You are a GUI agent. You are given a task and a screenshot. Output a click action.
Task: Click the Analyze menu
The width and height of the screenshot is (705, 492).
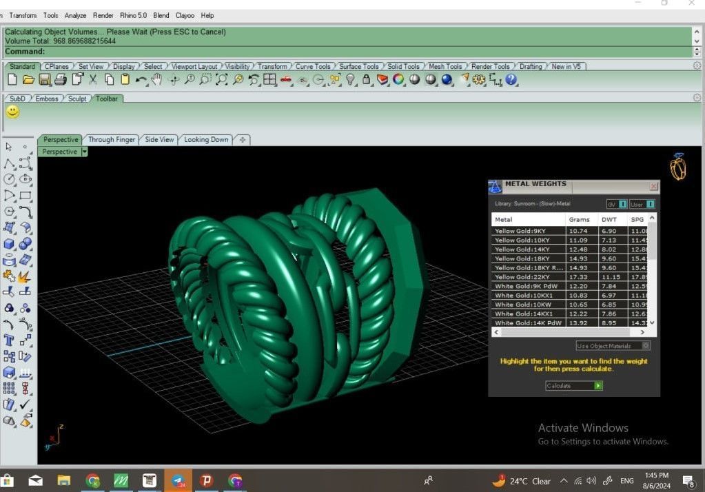[x=75, y=15]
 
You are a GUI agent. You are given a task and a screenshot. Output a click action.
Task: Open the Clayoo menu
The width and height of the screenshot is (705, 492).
[x=185, y=15]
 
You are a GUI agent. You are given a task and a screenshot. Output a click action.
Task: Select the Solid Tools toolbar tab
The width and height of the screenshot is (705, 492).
[x=403, y=67]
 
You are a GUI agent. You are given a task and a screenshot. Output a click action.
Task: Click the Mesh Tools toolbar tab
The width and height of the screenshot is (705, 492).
[x=445, y=67]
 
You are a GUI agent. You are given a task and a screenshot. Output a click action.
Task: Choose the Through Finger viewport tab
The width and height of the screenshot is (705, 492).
[x=112, y=140]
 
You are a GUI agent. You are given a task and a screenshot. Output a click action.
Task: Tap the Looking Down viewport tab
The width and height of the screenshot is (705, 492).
[x=206, y=140]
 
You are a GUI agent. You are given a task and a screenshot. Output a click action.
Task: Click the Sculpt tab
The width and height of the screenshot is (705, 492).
[x=77, y=99]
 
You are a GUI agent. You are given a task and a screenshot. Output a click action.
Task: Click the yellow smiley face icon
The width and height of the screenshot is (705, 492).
[x=13, y=112]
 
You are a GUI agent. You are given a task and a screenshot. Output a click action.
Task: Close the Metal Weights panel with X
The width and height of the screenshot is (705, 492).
[x=653, y=186]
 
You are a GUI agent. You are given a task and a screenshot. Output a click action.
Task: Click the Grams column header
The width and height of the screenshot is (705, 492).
[x=579, y=220]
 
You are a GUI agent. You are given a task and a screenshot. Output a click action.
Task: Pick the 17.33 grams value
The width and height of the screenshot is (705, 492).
[x=578, y=277]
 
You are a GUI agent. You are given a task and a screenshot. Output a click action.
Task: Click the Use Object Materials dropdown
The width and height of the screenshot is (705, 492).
[x=613, y=346]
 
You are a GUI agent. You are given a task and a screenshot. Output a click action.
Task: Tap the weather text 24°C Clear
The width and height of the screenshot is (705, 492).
[x=531, y=481]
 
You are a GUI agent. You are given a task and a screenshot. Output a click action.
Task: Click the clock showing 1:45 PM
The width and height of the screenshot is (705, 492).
[x=656, y=475]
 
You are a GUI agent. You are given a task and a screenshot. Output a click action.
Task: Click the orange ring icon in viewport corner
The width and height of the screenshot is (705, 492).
[x=678, y=167]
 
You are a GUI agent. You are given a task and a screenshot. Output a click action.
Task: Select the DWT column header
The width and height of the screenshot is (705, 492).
[x=609, y=220]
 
